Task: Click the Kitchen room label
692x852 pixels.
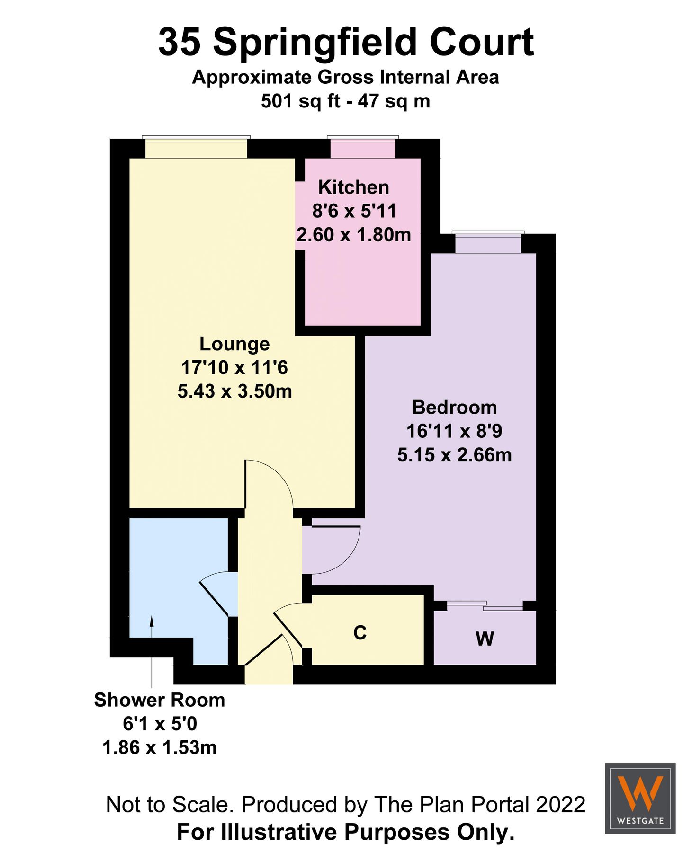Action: click(353, 187)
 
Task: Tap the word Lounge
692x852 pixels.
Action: click(234, 344)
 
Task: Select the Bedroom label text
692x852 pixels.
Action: click(454, 408)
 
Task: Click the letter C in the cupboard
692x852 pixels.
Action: click(360, 632)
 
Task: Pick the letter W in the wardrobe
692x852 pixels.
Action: click(485, 639)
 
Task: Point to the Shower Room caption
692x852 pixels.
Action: click(159, 700)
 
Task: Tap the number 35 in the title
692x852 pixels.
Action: click(179, 43)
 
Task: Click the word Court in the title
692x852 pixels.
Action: click(482, 43)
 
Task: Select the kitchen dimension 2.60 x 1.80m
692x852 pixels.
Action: click(353, 235)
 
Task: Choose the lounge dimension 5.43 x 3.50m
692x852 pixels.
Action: click(234, 391)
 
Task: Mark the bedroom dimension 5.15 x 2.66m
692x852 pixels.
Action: click(454, 455)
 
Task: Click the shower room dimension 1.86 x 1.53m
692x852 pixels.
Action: click(159, 747)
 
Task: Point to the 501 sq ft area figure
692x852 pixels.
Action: click(300, 101)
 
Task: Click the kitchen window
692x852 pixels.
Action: click(363, 148)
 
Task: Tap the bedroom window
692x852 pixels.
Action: click(488, 243)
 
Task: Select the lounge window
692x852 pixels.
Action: click(196, 148)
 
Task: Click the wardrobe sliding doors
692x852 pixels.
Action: click(485, 605)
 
